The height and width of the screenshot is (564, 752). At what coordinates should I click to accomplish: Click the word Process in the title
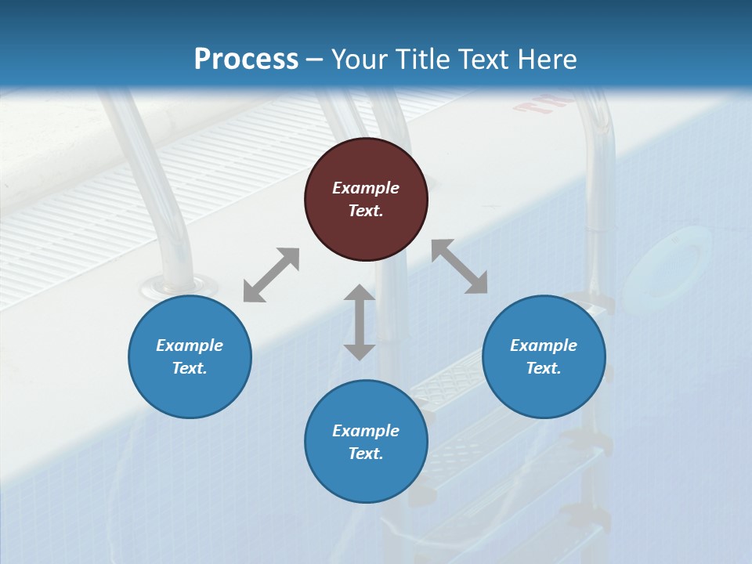click(246, 60)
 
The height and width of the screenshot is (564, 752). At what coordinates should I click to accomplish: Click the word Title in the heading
click(421, 60)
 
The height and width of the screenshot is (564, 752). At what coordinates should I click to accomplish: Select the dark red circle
click(366, 199)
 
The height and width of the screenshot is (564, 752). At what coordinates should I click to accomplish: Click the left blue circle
click(190, 356)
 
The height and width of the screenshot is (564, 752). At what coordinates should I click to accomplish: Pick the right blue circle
click(544, 356)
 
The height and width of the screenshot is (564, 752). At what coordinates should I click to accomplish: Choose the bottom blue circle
click(366, 442)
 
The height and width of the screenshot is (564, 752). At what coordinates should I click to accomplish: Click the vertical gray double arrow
click(360, 322)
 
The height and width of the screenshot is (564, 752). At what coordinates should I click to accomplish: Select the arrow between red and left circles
click(271, 275)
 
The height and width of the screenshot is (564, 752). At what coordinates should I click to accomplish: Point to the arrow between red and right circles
click(460, 266)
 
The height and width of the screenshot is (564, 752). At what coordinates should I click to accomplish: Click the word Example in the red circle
click(366, 188)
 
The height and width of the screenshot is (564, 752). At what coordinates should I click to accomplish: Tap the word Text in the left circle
click(190, 368)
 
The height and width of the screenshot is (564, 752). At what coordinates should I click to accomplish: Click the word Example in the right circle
click(544, 345)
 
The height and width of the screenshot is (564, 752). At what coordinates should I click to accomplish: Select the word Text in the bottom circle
click(366, 454)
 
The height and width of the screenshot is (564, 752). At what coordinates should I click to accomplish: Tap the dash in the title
click(314, 60)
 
